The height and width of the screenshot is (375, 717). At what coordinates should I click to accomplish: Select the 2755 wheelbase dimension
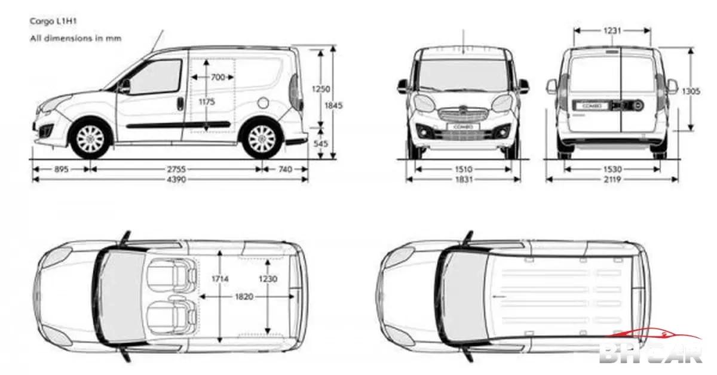pos(176,170)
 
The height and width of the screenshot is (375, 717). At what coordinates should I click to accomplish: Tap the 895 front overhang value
pos(61,170)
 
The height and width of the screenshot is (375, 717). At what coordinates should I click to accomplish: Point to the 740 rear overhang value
pos(285,170)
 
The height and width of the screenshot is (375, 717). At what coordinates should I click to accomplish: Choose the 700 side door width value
pos(218,77)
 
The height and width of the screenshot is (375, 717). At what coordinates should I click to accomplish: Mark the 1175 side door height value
pos(206,102)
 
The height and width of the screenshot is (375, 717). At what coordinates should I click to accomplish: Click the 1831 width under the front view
pos(463,180)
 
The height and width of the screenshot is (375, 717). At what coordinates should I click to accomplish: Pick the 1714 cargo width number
pos(221,279)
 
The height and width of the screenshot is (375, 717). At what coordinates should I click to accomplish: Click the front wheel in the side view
pos(91,139)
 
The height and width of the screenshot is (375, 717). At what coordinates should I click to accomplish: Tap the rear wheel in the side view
pos(261,139)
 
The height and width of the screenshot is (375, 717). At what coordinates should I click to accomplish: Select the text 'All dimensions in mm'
pos(76,38)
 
